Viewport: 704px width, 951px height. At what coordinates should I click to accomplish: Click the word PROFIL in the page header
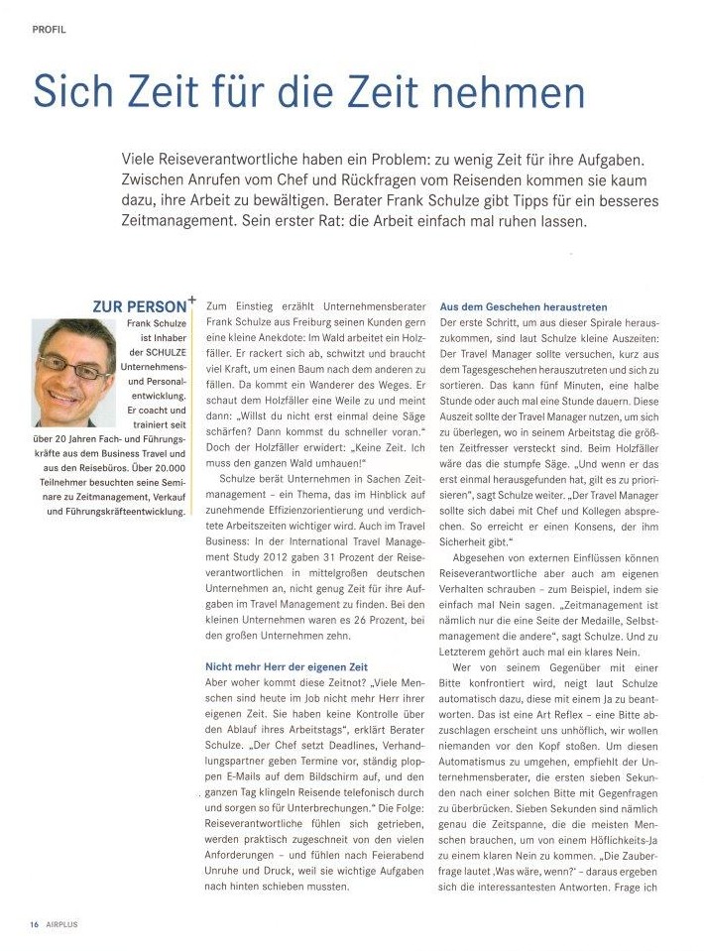coord(49,30)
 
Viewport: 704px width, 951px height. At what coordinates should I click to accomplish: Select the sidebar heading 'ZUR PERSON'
coord(138,307)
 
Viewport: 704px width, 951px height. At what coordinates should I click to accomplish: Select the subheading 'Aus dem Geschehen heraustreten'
coord(524,307)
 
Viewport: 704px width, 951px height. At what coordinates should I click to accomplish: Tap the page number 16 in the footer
coord(34,924)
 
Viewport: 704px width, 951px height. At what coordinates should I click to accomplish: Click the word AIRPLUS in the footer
coord(61,924)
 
